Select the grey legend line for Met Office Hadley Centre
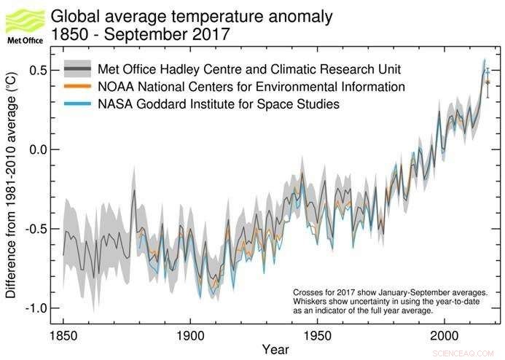(x=77, y=69)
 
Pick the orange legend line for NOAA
(x=77, y=87)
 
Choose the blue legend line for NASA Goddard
(x=77, y=104)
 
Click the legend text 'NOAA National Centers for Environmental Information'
(x=251, y=87)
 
